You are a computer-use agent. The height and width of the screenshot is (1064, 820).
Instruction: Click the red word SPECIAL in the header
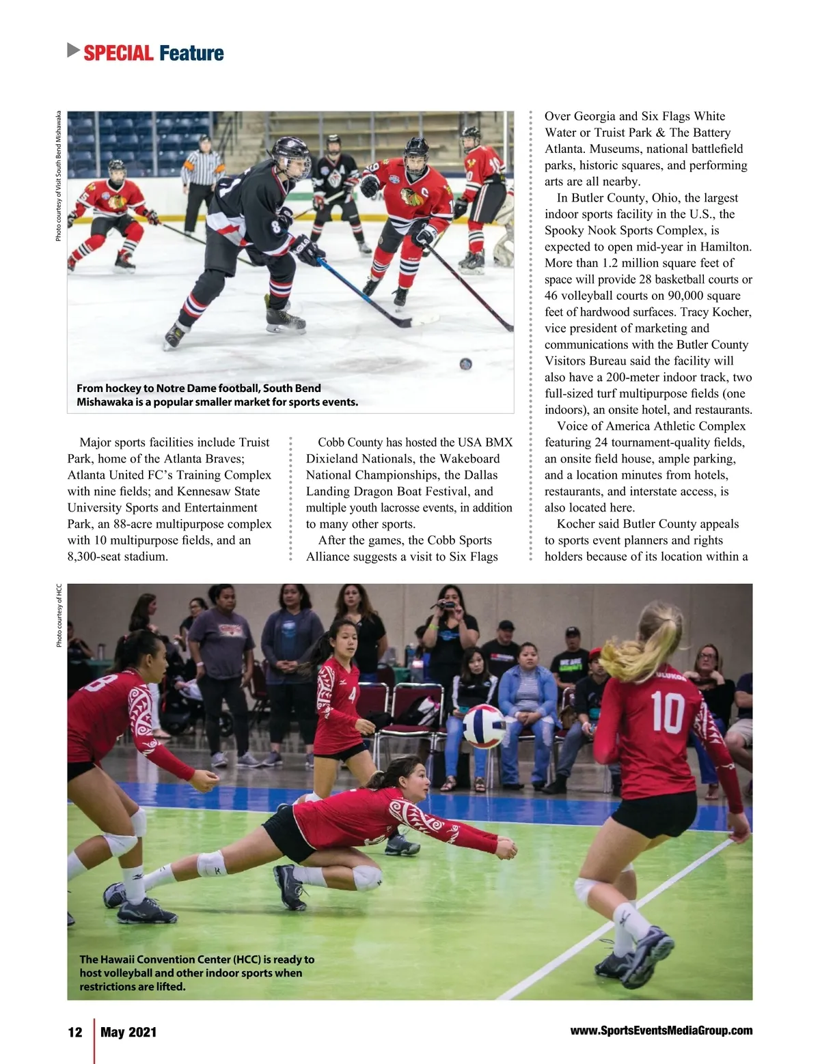click(x=118, y=53)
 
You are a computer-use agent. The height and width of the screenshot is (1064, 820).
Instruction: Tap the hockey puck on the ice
click(x=466, y=363)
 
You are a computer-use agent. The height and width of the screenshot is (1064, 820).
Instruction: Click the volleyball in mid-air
click(x=484, y=726)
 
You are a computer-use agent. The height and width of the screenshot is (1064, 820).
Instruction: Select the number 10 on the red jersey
click(x=667, y=712)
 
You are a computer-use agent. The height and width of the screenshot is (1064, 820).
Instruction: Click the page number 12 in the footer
click(x=75, y=1031)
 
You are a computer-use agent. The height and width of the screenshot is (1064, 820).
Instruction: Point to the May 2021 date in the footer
click(x=128, y=1031)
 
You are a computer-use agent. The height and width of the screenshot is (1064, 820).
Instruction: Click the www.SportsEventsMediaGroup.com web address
click(x=661, y=1031)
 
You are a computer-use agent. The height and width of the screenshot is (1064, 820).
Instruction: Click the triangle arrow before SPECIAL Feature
click(x=73, y=51)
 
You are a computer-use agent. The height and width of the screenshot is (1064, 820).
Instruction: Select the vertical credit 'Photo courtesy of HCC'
click(x=59, y=615)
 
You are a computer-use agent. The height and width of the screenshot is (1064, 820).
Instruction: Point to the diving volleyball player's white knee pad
click(x=212, y=864)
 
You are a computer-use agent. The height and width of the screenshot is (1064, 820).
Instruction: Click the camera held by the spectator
click(x=448, y=604)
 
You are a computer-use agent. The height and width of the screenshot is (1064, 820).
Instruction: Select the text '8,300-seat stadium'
click(x=117, y=556)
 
